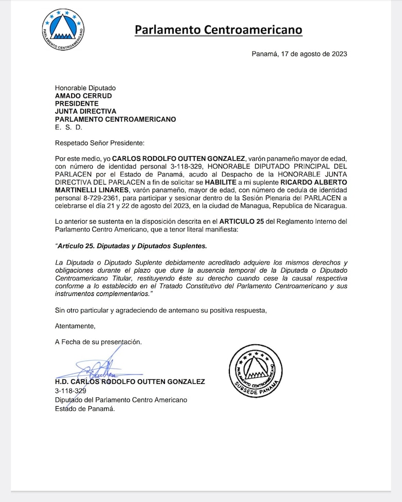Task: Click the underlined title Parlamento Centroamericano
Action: pyautogui.click(x=219, y=30)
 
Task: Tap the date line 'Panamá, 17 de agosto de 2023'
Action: pyautogui.click(x=299, y=54)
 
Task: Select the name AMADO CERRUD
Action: pyautogui.click(x=83, y=96)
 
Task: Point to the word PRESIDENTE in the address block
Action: pyautogui.click(x=77, y=104)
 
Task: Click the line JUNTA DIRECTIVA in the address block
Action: pyautogui.click(x=86, y=111)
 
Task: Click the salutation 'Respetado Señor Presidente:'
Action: pyautogui.click(x=100, y=143)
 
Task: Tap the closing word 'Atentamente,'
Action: pyautogui.click(x=75, y=326)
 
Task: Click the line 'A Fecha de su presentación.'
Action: pyautogui.click(x=98, y=342)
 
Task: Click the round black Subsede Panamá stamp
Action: pyautogui.click(x=255, y=371)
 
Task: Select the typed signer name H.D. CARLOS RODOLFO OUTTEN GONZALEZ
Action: pyautogui.click(x=130, y=382)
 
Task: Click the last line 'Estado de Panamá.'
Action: pyautogui.click(x=85, y=409)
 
